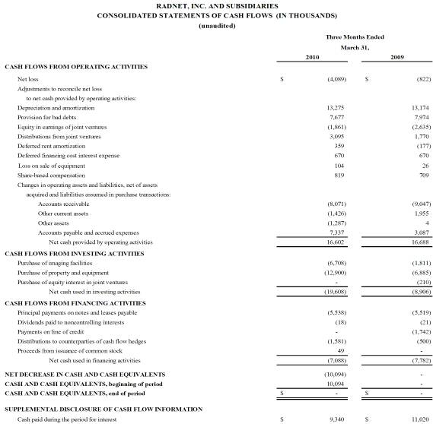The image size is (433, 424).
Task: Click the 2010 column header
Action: click(312, 57)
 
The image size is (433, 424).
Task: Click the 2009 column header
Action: click(396, 57)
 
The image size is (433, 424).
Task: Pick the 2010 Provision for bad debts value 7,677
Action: click(336, 118)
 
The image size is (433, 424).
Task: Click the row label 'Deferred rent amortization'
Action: click(51, 146)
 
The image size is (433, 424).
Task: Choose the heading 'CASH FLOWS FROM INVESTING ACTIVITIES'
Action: click(75, 252)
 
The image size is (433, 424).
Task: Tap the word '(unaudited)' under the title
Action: click(216, 26)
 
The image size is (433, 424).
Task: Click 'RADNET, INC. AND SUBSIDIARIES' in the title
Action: click(215, 5)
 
